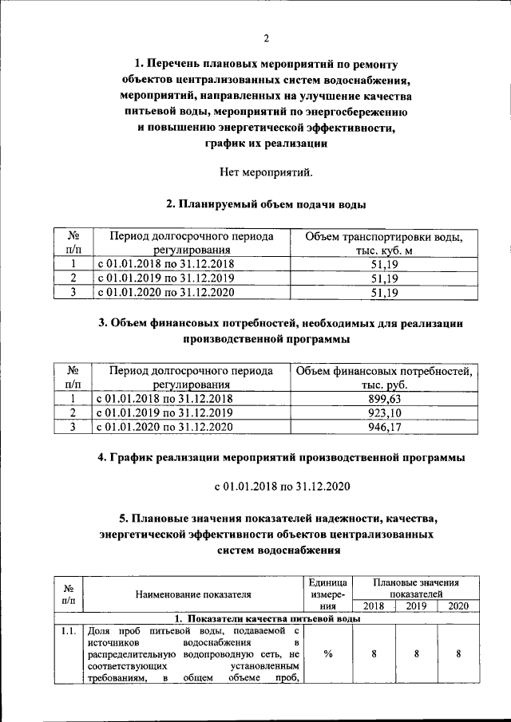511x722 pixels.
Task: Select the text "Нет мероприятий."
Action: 267,172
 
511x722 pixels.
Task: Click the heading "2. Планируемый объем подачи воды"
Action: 267,205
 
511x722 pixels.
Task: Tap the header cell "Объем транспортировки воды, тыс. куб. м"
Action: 378,243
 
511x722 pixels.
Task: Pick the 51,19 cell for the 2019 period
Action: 378,278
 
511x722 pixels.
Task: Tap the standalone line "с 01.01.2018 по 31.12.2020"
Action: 267,486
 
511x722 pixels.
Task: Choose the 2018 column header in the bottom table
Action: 374,606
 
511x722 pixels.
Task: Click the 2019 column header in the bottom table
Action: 417,606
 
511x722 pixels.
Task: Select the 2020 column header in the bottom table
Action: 458,606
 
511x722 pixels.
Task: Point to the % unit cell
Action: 328,654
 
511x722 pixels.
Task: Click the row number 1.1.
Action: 68,632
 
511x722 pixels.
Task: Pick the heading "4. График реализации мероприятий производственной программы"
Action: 267,458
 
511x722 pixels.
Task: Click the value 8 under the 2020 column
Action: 458,654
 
